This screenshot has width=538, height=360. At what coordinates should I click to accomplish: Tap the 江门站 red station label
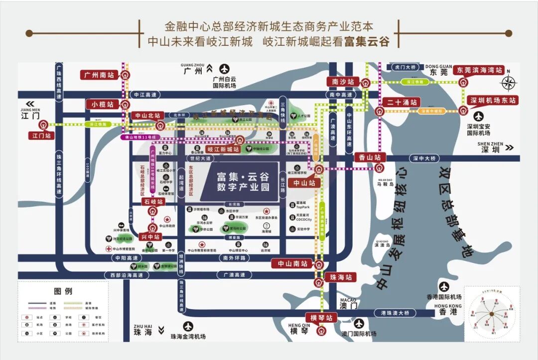coord(42,135)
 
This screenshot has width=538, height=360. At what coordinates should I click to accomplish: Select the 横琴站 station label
coord(321,318)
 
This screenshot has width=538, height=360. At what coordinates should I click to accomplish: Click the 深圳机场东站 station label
coord(493,101)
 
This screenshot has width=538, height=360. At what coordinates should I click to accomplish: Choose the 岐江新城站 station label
coord(224,149)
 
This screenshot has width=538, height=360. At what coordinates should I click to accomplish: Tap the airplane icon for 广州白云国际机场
coord(225,69)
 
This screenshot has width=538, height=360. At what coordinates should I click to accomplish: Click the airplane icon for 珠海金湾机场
coord(188,327)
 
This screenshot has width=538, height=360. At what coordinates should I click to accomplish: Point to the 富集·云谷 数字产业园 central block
coord(243,182)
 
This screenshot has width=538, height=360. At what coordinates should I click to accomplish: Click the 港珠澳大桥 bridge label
coord(395,313)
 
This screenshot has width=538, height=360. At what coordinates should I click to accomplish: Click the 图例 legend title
coord(63,291)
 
